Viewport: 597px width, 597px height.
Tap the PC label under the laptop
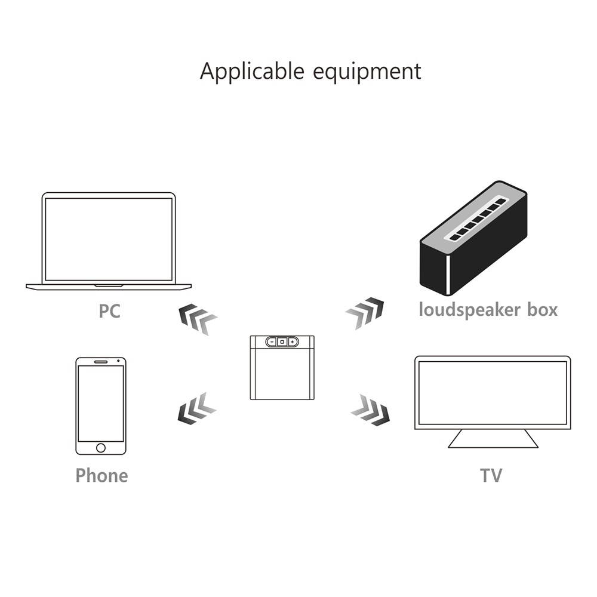[109, 311]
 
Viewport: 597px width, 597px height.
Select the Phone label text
[101, 475]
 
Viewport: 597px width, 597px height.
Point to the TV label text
[491, 475]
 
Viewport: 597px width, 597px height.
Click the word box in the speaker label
[540, 310]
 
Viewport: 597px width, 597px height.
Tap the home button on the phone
[100, 448]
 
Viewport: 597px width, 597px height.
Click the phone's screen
[100, 403]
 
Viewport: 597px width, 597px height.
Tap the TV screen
[493, 392]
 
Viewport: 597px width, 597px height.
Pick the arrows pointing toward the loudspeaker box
[365, 312]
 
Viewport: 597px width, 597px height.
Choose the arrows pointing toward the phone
[196, 409]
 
